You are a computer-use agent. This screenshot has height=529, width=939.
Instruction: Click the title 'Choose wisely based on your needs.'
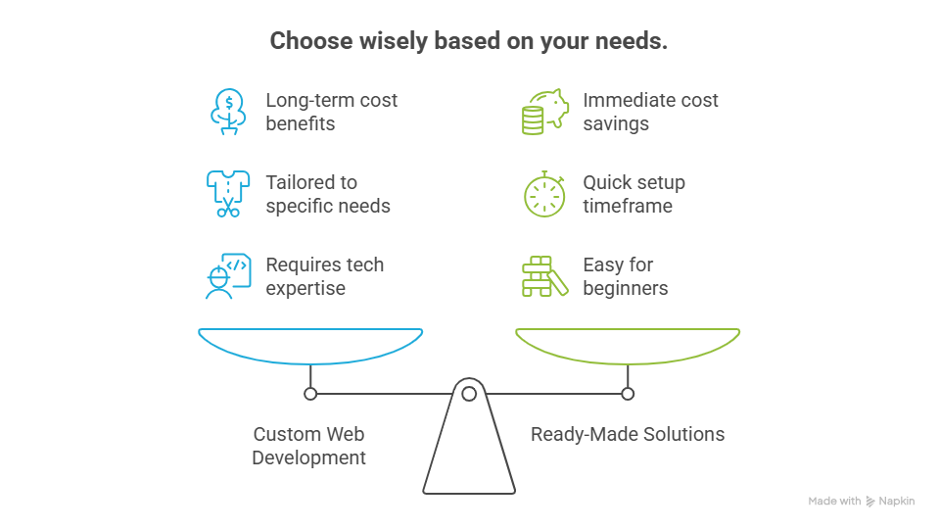pos(469,41)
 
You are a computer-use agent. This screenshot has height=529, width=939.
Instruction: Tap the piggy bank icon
pos(543,112)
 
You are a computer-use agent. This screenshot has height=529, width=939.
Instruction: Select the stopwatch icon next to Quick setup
pos(543,194)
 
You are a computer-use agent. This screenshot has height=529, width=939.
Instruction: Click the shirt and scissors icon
pos(227,194)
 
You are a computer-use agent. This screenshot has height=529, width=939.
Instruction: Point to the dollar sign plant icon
pos(227,111)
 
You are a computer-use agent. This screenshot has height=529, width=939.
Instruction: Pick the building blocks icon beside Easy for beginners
pos(543,276)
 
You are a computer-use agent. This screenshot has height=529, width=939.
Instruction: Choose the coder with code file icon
pos(227,276)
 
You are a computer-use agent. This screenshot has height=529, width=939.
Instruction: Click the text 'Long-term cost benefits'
pos(331,112)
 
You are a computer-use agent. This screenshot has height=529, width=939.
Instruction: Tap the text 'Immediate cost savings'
pos(650,112)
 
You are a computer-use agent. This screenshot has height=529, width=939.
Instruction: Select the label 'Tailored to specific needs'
pos(328,194)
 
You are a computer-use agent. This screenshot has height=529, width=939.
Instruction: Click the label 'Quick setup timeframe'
pos(634,194)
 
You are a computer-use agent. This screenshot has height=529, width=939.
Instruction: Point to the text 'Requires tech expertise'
pos(324,276)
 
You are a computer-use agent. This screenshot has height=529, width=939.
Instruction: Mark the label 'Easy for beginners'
pos(625,276)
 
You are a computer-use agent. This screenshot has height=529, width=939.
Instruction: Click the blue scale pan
pos(310,346)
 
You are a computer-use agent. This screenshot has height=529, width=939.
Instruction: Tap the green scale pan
pos(628,346)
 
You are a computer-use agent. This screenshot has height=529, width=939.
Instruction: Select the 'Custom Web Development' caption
pos(309,446)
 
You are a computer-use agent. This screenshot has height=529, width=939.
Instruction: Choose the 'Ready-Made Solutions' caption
pos(628,434)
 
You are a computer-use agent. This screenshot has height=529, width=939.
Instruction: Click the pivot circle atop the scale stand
pos(469,394)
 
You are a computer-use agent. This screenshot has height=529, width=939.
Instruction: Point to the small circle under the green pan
pos(628,394)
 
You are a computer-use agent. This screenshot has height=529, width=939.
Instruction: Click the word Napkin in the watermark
pos(897,502)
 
